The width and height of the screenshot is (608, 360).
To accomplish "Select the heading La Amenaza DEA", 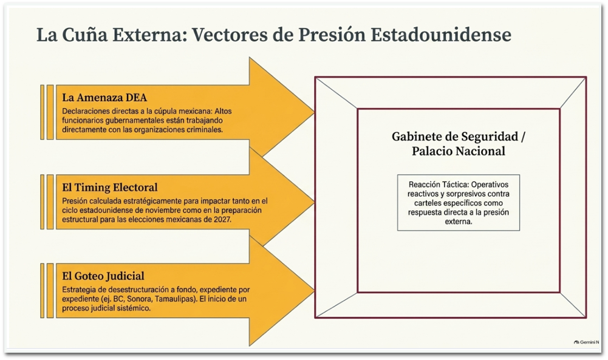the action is (104, 97).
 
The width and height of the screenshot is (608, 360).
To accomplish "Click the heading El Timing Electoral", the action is (110, 188).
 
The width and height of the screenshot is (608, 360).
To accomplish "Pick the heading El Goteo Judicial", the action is (103, 276).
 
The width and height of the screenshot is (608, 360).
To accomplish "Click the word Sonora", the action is (139, 299).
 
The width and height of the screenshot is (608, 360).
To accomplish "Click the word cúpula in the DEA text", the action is (167, 111).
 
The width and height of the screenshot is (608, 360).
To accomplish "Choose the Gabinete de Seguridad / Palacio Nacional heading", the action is (459, 143).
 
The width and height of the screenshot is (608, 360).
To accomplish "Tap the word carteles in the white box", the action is (427, 203).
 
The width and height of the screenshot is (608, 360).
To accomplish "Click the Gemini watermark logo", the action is (576, 342).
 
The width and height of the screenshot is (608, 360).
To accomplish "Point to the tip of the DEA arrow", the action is (314, 112).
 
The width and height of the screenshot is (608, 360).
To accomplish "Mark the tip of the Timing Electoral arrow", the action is (314, 202).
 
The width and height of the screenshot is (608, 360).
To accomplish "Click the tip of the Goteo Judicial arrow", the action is (314, 291).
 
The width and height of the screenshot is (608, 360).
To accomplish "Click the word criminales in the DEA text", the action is (205, 130).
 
